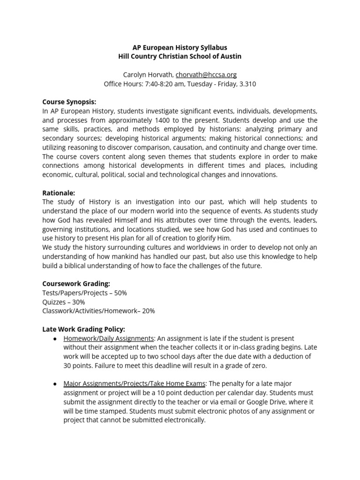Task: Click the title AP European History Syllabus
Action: click(180, 48)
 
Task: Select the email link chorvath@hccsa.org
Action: click(206, 75)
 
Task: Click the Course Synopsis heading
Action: click(69, 102)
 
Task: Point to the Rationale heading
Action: click(59, 193)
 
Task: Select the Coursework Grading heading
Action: click(76, 284)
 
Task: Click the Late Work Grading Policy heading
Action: click(84, 329)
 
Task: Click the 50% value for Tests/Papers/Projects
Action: click(120, 293)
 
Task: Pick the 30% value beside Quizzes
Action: click(78, 302)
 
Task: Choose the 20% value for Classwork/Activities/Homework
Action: click(148, 311)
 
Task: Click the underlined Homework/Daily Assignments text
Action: click(109, 338)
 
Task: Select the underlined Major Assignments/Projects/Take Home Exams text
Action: click(135, 384)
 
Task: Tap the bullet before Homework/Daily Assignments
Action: click(55, 338)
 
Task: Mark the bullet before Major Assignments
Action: click(55, 384)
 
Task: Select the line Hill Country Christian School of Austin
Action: click(180, 57)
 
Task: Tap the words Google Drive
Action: click(281, 402)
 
